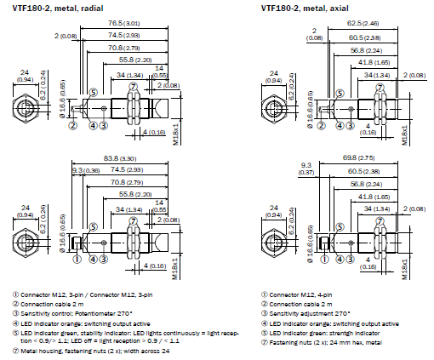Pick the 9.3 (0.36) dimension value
[x=85, y=171]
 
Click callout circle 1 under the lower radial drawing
[x=77, y=260]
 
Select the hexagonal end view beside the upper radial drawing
[x=27, y=111]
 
